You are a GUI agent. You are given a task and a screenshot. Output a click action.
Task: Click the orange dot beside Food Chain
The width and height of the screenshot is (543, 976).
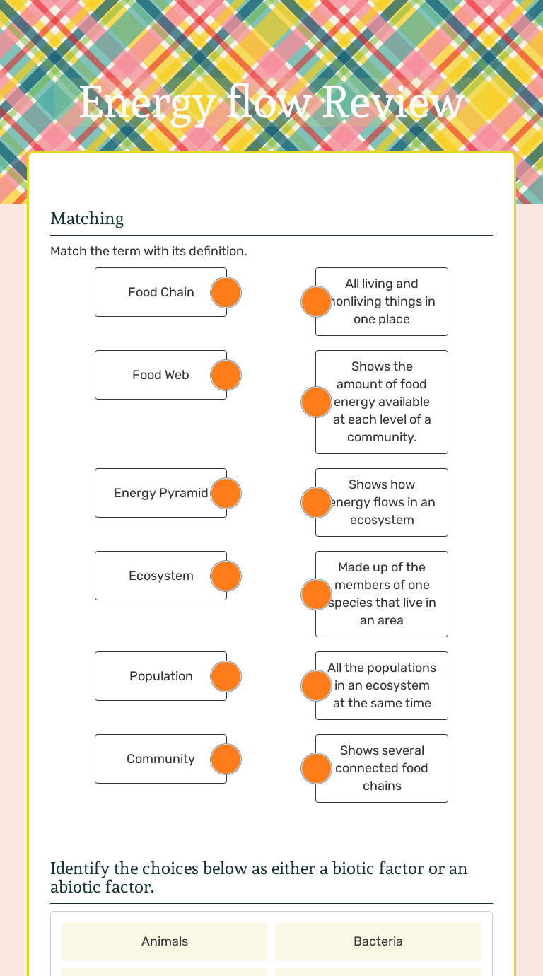coord(226,292)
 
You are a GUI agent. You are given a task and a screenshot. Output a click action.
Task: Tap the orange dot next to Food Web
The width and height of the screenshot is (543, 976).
coord(226,375)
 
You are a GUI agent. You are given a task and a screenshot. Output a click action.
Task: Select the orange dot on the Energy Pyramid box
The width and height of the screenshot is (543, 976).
coord(226,493)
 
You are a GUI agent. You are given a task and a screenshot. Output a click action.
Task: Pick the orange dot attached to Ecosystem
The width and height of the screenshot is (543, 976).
coord(226,576)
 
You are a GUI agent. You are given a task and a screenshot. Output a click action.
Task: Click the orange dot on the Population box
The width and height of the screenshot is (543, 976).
coord(226,676)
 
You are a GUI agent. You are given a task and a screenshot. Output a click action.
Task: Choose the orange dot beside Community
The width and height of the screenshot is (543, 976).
coord(226,759)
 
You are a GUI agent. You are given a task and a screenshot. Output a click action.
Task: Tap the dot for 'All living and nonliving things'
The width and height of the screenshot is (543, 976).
coord(316,301)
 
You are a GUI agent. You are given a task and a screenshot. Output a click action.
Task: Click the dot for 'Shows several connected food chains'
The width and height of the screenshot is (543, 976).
coord(316,768)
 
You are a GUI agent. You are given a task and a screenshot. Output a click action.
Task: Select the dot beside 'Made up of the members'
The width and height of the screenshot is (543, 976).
coord(316,594)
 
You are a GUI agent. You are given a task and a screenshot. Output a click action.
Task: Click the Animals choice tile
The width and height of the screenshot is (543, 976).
coord(165,941)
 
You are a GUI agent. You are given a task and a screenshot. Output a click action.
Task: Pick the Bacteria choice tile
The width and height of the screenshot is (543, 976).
coord(378,941)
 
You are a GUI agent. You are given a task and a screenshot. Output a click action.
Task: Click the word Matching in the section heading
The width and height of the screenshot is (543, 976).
coord(87,219)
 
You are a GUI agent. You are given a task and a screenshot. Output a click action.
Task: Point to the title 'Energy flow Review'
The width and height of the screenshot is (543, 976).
coord(271,103)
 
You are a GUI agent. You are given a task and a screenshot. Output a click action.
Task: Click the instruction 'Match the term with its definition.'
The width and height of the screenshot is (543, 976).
coord(148,251)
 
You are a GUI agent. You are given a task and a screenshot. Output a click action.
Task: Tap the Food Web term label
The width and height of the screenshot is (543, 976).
coord(160,375)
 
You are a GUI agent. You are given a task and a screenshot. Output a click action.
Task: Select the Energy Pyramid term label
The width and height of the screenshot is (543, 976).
coord(160,493)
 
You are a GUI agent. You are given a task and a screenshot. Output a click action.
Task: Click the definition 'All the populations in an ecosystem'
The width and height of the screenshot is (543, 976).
coord(383,685)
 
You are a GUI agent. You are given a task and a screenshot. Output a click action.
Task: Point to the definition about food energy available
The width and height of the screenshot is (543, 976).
coord(383,402)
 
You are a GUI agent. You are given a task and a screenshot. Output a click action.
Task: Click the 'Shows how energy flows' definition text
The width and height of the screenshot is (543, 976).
coord(383,502)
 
